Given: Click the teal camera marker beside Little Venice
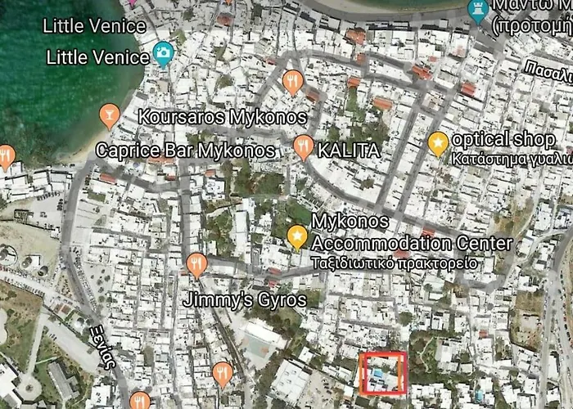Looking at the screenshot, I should pyautogui.click(x=164, y=54).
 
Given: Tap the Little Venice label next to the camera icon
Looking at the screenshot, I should pyautogui.click(x=98, y=57).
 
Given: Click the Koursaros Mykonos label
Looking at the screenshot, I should pyautogui.click(x=222, y=116).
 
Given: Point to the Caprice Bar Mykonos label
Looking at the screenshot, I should pyautogui.click(x=186, y=151).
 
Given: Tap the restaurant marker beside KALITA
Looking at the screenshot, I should pyautogui.click(x=304, y=147).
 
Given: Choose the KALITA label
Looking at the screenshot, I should pyautogui.click(x=349, y=151).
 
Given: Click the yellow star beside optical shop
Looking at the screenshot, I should pyautogui.click(x=438, y=143).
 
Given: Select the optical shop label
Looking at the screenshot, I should pyautogui.click(x=503, y=139).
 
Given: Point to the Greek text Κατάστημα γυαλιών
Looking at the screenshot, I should pyautogui.click(x=511, y=158).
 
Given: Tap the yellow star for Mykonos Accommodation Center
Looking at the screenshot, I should pyautogui.click(x=297, y=237).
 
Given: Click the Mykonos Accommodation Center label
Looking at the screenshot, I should pyautogui.click(x=412, y=233).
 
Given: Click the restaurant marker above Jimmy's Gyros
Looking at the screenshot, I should pyautogui.click(x=196, y=264).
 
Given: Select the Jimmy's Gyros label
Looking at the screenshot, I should pyautogui.click(x=246, y=299).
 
